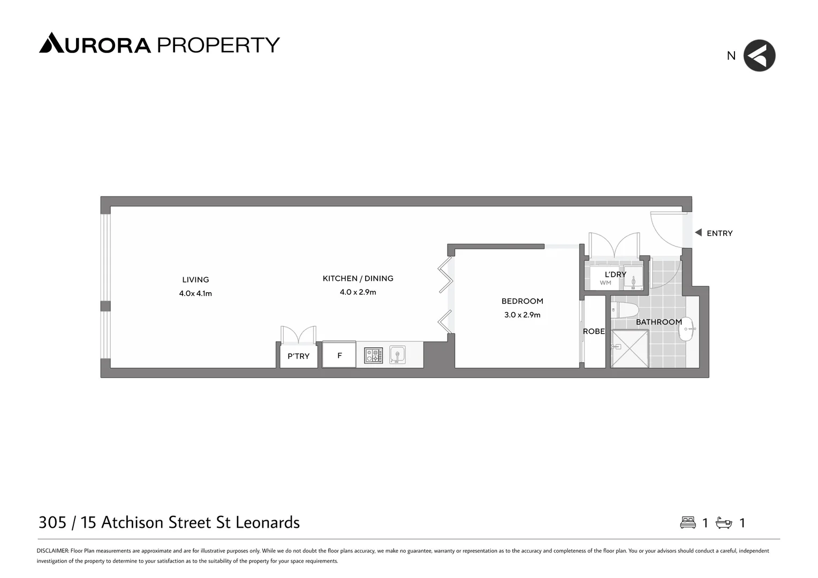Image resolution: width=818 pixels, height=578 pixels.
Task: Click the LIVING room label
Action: [195, 279]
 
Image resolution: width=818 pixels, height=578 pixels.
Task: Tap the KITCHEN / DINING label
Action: [358, 278]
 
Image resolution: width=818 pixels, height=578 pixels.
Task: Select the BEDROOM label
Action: [522, 301]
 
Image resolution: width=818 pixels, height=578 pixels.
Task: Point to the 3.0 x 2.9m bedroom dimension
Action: [522, 315]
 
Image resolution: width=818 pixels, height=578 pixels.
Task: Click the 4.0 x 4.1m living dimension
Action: [195, 293]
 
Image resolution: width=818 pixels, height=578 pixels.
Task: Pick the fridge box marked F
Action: [339, 355]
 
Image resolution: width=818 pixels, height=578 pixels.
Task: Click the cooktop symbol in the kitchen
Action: [374, 355]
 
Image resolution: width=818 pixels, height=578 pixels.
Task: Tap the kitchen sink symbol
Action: [397, 354]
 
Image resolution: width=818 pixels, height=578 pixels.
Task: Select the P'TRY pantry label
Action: [298, 356]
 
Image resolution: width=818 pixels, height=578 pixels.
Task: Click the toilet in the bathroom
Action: [625, 310]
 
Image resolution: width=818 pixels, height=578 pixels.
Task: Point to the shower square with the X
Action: [630, 348]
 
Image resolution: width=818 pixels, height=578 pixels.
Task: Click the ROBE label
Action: [594, 331]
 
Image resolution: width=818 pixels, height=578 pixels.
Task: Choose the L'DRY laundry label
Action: [615, 275]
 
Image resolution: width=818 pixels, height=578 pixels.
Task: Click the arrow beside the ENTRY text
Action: [698, 233]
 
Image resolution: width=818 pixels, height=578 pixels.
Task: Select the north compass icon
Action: [759, 56]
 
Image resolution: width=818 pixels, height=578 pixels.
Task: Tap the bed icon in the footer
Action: [688, 523]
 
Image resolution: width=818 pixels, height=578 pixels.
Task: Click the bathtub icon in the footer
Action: [724, 523]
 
